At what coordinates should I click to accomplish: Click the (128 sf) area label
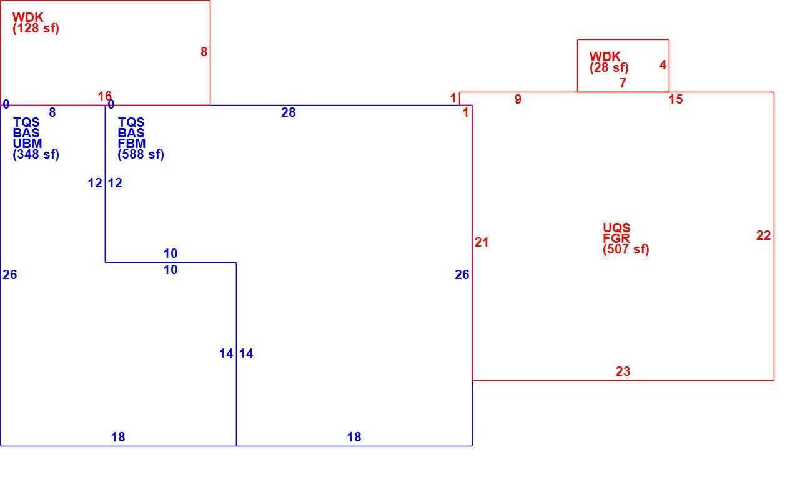(x=36, y=28)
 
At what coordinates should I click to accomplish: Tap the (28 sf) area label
(x=609, y=67)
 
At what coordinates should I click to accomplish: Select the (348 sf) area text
(x=36, y=154)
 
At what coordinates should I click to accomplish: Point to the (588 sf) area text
(x=141, y=154)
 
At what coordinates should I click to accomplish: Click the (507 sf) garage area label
(x=626, y=249)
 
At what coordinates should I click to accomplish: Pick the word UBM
(x=27, y=144)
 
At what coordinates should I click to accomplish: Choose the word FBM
(x=132, y=144)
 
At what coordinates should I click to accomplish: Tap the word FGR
(x=616, y=238)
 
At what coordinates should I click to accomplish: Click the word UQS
(x=616, y=228)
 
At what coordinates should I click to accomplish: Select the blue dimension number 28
(x=289, y=112)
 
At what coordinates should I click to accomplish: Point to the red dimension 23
(x=623, y=371)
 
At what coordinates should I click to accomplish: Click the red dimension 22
(x=763, y=235)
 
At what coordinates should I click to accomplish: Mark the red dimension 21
(x=482, y=242)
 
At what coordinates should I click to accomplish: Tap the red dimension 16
(x=105, y=96)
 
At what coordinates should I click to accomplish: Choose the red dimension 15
(x=676, y=99)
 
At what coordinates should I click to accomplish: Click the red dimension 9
(x=518, y=99)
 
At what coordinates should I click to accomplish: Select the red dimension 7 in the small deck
(x=623, y=83)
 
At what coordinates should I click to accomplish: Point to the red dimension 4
(x=663, y=65)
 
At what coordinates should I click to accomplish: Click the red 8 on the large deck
(x=204, y=52)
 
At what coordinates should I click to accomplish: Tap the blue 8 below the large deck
(x=52, y=112)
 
